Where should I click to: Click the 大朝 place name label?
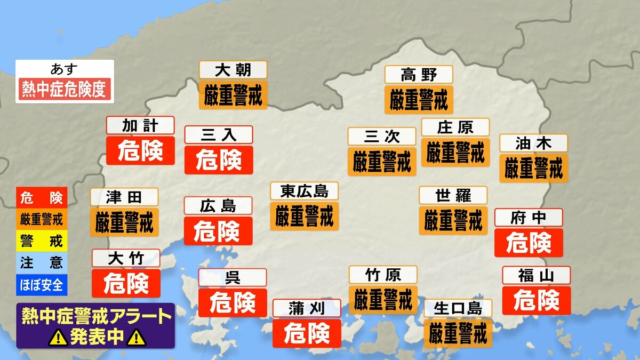pos(233,70)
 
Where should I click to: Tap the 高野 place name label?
pos(419,75)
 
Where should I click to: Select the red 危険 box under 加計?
pos(140,151)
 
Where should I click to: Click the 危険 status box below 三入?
pos(219,159)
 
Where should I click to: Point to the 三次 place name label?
pos(382,137)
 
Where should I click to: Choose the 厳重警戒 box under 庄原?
pos(455,153)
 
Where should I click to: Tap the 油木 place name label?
pos(533,143)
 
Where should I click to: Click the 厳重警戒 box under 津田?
pos(124,222)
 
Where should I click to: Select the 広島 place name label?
pos(218,206)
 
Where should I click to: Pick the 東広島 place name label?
pos(304,191)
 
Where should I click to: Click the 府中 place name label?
pos(529,218)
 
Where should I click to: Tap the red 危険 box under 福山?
pos(537,300)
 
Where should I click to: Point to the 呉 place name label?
pos(233,277)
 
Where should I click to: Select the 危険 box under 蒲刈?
pos(307,334)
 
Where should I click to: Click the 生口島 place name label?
pos(458,308)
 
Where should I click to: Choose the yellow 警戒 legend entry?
pos(42,241)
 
